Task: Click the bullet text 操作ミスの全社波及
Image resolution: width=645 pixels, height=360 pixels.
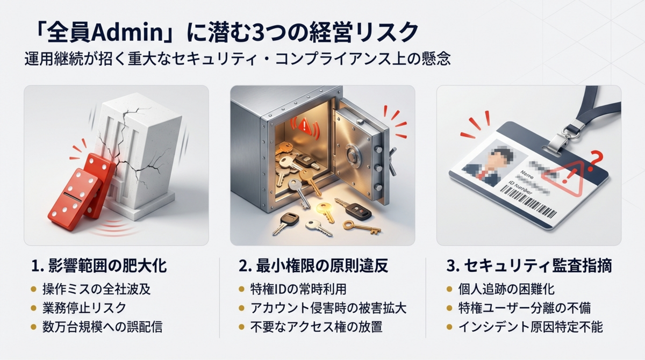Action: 97,289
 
